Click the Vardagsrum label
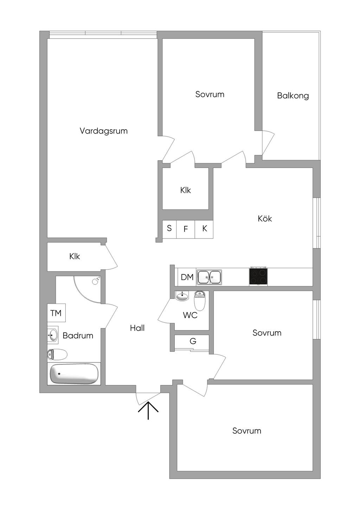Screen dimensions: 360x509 click(103, 131)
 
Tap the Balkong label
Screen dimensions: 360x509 click(293, 96)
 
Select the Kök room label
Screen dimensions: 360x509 click(265, 218)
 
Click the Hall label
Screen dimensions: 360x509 click(137, 328)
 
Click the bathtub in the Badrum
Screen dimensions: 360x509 click(74, 374)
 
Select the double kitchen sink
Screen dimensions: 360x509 click(209, 277)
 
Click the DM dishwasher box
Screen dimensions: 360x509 click(187, 277)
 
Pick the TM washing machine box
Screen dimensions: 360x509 click(56, 313)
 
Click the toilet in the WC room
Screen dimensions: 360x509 click(200, 301)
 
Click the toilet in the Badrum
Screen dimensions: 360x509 click(57, 354)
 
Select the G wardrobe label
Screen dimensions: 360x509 click(193, 341)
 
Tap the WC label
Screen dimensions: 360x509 click(190, 315)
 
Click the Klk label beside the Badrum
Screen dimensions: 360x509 click(75, 256)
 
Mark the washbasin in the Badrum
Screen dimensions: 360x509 click(53, 335)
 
